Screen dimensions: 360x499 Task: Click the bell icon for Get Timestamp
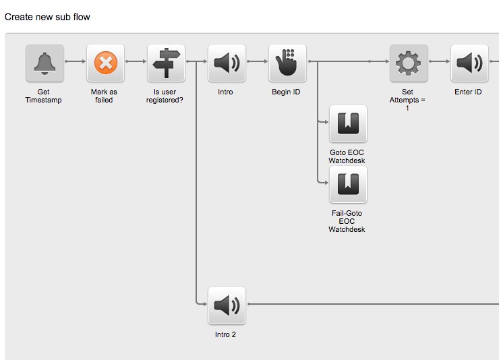(45, 63)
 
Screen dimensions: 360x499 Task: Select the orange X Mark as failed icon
(105, 63)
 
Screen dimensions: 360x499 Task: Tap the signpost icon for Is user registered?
(166, 63)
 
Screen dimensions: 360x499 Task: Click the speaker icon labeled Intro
(227, 63)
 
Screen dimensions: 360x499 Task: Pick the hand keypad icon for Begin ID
(287, 63)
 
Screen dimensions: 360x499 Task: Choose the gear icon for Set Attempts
(408, 63)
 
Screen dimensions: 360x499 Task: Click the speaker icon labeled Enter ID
(469, 63)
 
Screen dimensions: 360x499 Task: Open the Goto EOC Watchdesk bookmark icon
(348, 124)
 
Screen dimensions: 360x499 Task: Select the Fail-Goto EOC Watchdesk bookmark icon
(348, 185)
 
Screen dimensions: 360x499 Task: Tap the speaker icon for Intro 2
(227, 306)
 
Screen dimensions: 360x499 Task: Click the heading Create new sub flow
(47, 17)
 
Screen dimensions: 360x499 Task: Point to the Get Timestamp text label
(45, 96)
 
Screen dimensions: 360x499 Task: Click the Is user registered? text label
(166, 96)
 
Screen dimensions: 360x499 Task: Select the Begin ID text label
(287, 92)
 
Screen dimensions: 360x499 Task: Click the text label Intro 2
(227, 334)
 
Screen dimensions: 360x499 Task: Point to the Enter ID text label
(468, 92)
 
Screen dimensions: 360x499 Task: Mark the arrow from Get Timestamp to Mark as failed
(75, 61)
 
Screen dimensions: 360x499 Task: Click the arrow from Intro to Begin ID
(257, 61)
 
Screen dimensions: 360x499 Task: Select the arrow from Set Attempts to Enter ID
(438, 61)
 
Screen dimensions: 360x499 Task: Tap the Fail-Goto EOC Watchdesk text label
(347, 221)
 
